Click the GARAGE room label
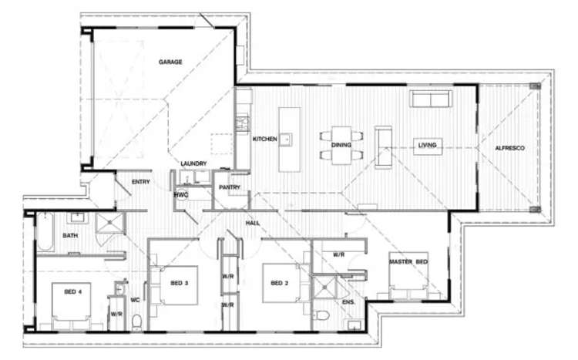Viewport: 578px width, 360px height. tap(170, 62)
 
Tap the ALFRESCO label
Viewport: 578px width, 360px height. tap(509, 148)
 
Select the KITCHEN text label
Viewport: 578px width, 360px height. tap(264, 139)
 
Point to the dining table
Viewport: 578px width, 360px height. tap(341, 145)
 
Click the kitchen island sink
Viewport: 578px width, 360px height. tap(286, 140)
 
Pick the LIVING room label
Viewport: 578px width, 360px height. tap(427, 146)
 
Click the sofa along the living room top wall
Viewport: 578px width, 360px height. tap(432, 99)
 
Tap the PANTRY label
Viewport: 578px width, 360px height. tap(230, 187)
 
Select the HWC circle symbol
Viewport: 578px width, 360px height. tap(181, 194)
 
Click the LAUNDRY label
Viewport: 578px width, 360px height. tap(193, 163)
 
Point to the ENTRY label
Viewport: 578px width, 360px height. tap(141, 182)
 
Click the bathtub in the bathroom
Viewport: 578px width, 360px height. tap(45, 231)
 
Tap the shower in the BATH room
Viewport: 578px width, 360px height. tap(110, 223)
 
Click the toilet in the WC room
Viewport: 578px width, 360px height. tap(136, 322)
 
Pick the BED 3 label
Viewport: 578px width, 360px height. tap(180, 283)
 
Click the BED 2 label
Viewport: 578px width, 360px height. tap(280, 283)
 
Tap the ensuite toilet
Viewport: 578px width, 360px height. tap(321, 315)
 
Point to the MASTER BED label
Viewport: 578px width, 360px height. tap(408, 262)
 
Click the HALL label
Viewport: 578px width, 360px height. tap(253, 223)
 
